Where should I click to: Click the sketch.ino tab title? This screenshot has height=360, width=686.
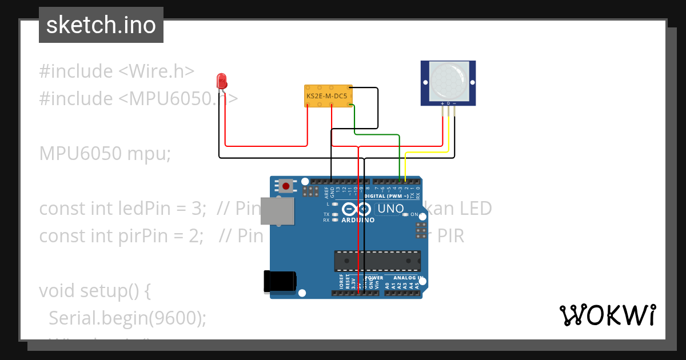101,25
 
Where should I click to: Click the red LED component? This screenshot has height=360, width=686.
222,81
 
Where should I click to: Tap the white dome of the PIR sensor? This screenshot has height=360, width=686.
448,79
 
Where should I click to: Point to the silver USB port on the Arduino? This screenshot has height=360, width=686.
278,211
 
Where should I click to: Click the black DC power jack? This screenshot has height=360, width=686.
280,281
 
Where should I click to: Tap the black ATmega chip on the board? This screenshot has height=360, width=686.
377,261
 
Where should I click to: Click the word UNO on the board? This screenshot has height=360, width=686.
391,209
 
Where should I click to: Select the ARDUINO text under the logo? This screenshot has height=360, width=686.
358,220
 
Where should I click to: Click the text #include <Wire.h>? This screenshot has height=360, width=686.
117,71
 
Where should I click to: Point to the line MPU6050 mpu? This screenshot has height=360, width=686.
105,154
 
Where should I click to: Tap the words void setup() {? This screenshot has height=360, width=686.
95,290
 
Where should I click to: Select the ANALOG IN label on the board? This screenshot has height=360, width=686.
409,278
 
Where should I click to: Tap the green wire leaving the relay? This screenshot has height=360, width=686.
377,135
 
